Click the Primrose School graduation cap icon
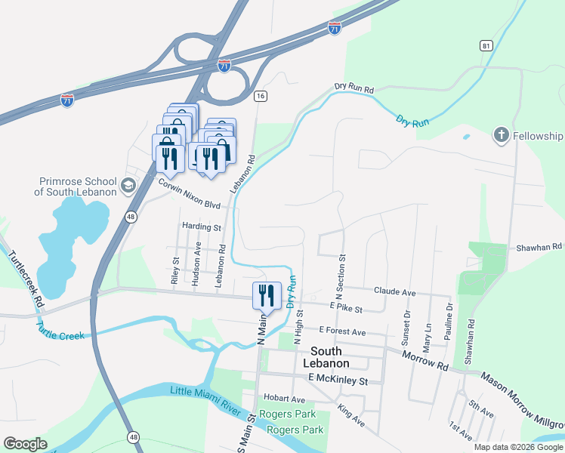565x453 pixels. click(x=128, y=184)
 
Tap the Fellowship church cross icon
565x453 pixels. click(x=500, y=136)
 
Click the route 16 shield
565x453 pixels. click(x=260, y=96)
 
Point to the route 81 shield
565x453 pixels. click(x=486, y=46)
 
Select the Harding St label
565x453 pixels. click(x=201, y=226)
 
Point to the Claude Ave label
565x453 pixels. click(x=395, y=291)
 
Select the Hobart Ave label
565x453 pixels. click(x=285, y=399)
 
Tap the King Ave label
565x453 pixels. click(x=351, y=417)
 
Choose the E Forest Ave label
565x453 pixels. click(x=341, y=331)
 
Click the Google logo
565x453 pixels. click(x=25, y=444)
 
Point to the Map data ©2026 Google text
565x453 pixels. click(x=517, y=447)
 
